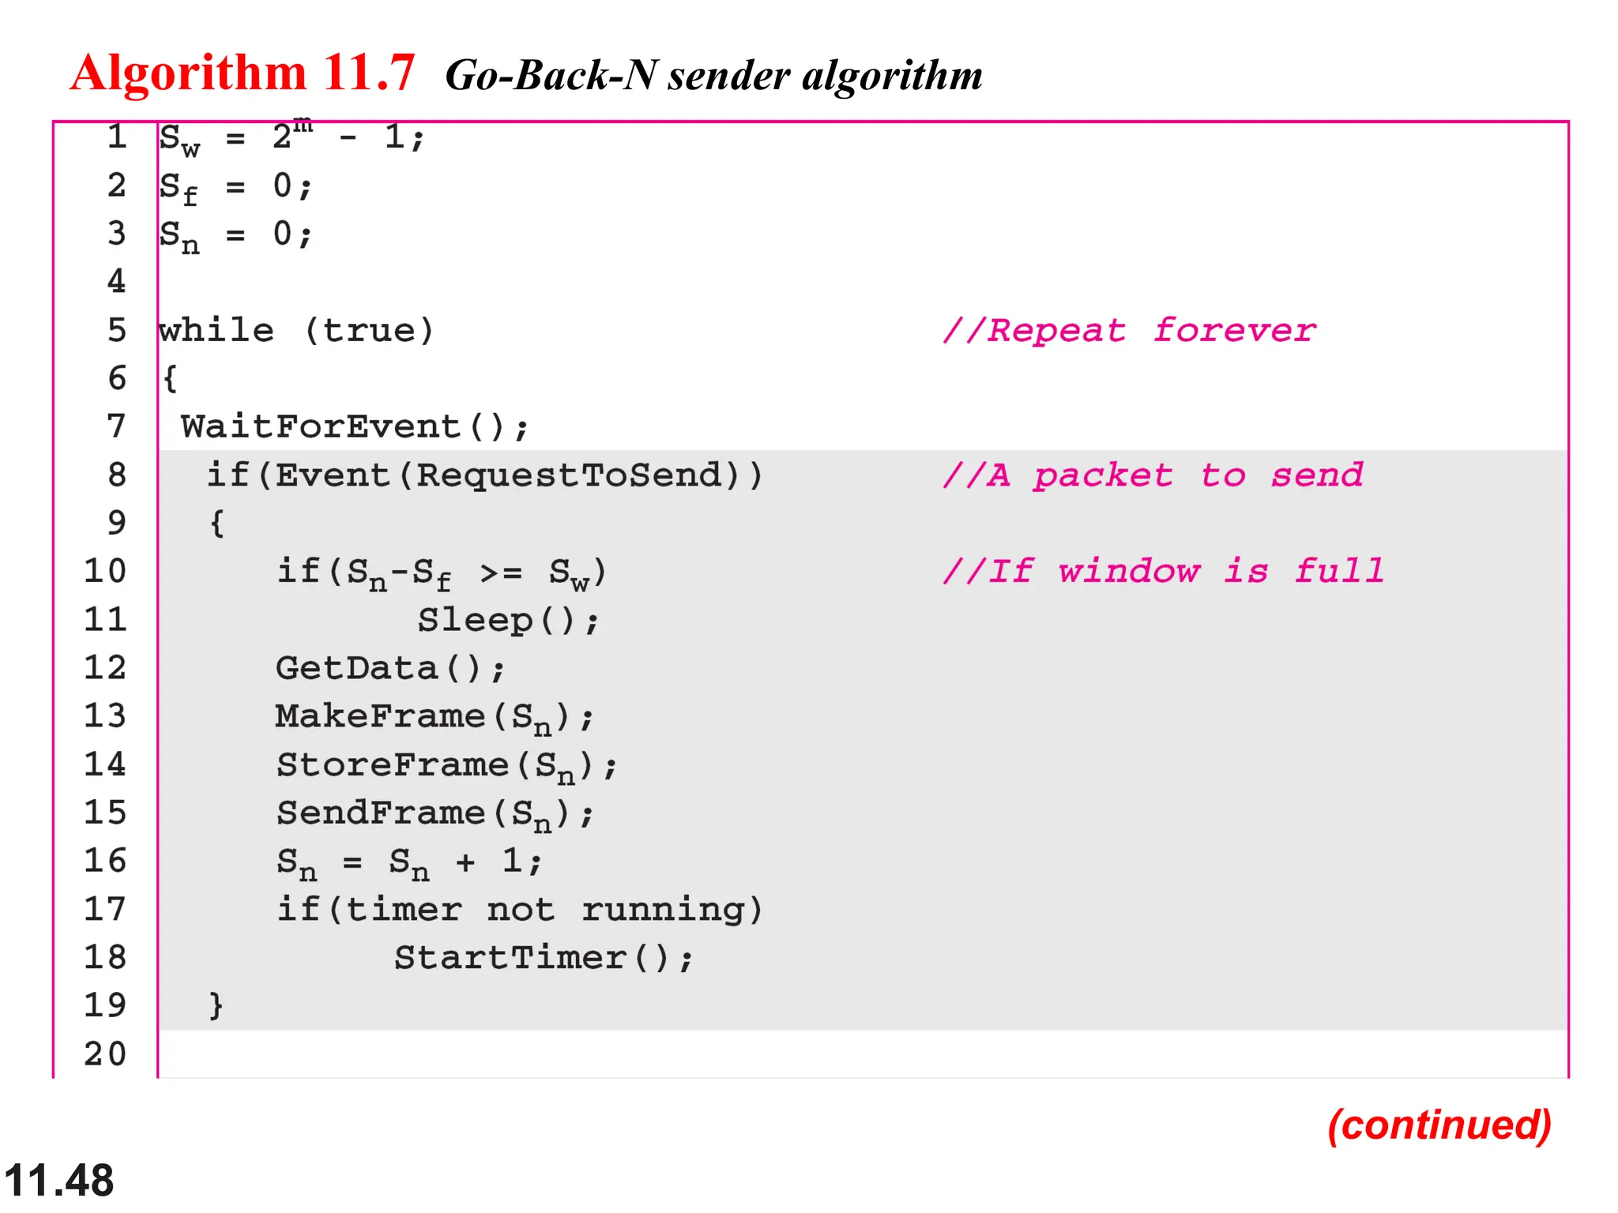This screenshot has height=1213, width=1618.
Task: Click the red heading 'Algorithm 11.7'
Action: pyautogui.click(x=242, y=73)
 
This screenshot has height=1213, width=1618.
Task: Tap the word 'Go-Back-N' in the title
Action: pyautogui.click(x=551, y=76)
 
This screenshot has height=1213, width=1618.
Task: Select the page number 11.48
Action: pyautogui.click(x=59, y=1181)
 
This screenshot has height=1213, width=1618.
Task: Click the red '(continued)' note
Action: pyautogui.click(x=1439, y=1125)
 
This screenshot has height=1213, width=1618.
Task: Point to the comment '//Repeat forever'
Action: pyautogui.click(x=1130, y=330)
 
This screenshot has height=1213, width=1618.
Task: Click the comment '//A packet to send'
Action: pyautogui.click(x=1153, y=475)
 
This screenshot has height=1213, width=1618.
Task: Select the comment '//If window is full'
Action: pyautogui.click(x=1163, y=571)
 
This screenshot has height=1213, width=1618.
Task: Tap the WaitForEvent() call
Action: pyautogui.click(x=354, y=427)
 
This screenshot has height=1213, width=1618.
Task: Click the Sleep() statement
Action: pyautogui.click(x=508, y=621)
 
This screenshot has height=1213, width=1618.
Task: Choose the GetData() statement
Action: pyautogui.click(x=389, y=669)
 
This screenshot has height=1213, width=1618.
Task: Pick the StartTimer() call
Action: pyautogui.click(x=544, y=958)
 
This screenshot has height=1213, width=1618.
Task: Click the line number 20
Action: pyautogui.click(x=105, y=1053)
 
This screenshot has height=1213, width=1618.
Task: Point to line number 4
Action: pyautogui.click(x=116, y=281)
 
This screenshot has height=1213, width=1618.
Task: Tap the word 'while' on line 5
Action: pyautogui.click(x=216, y=330)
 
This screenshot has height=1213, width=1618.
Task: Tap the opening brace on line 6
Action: pyautogui.click(x=170, y=378)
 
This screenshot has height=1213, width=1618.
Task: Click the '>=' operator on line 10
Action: pyautogui.click(x=501, y=573)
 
